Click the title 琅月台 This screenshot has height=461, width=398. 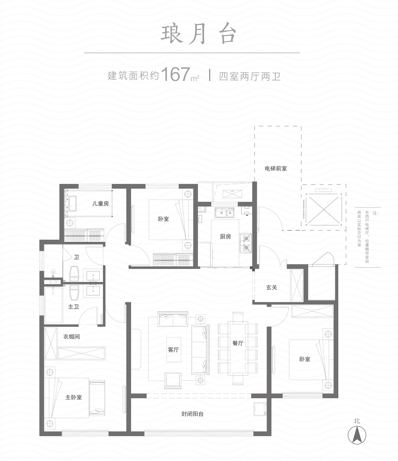tap(199, 35)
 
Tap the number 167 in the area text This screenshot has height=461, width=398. tap(175, 74)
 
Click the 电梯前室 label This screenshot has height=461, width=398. tap(276, 168)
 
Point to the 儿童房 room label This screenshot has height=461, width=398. tap(100, 204)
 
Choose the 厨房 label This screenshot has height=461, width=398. tap(225, 236)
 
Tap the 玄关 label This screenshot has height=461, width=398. tap(272, 288)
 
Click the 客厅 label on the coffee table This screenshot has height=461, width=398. tap(173, 350)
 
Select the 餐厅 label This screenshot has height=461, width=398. tap(238, 343)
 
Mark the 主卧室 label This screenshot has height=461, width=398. tap(74, 397)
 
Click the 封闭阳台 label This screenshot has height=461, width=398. tap(193, 414)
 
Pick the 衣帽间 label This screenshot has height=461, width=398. tap(72, 337)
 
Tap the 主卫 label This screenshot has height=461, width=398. tap(74, 306)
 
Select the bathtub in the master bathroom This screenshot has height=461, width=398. tap(53, 305)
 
